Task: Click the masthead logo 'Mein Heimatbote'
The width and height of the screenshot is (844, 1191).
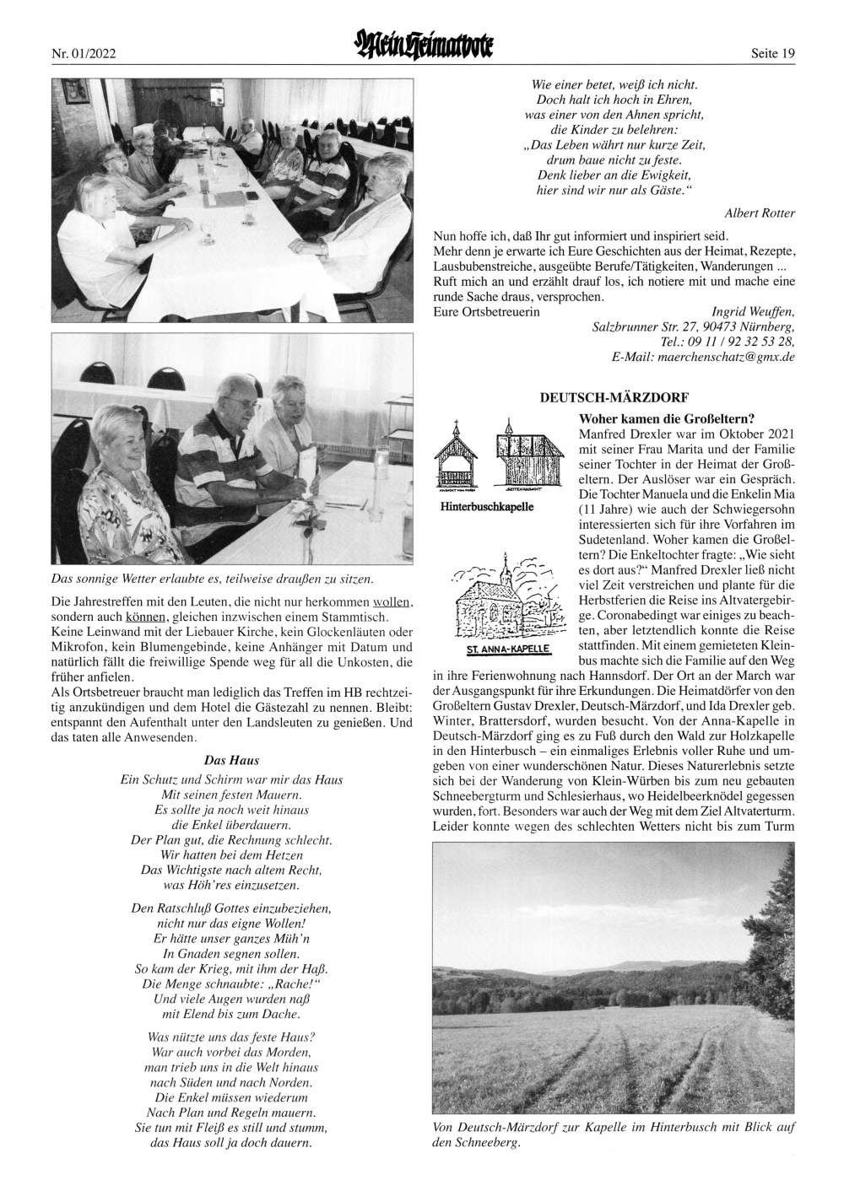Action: coord(422,43)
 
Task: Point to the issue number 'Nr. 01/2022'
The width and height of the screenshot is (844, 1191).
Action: coord(84,54)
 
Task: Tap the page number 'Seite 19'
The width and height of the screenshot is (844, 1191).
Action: coord(772,54)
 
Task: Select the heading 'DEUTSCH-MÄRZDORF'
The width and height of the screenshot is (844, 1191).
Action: coord(614,396)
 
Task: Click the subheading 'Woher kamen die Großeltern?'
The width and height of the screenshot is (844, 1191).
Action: coord(666,418)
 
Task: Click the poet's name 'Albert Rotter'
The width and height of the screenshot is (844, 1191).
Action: coord(760,213)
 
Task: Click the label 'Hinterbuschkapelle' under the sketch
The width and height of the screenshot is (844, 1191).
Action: coord(487,509)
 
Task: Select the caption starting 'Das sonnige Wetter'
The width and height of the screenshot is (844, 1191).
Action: coord(213,579)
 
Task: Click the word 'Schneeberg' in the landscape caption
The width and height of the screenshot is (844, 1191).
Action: coord(490,1143)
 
